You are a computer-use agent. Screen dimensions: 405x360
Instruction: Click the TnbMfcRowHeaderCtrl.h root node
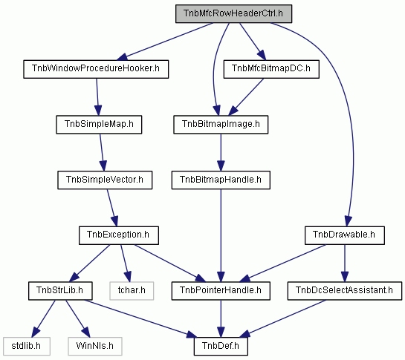click(x=234, y=13)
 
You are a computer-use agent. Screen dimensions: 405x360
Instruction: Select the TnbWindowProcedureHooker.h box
click(x=96, y=69)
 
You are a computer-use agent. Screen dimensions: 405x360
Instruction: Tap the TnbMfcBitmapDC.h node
click(x=271, y=69)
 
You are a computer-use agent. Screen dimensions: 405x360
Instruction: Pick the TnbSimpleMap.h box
click(x=99, y=125)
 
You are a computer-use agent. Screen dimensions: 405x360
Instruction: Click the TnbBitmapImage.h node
click(x=221, y=125)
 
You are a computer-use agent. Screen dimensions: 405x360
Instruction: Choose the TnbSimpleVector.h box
click(x=105, y=180)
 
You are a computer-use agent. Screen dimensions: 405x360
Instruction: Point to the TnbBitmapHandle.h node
click(x=221, y=180)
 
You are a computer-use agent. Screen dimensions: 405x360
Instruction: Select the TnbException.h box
click(x=119, y=235)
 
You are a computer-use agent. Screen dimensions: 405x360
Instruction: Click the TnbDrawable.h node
click(x=345, y=235)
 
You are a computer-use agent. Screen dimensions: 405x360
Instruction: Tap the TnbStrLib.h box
click(x=60, y=291)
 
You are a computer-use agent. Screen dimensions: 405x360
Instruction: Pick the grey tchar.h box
click(x=132, y=291)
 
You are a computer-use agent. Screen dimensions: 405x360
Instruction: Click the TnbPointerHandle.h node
click(x=221, y=291)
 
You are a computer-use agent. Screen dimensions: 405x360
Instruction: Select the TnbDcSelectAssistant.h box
click(x=345, y=291)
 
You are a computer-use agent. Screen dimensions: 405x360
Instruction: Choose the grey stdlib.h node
click(x=27, y=347)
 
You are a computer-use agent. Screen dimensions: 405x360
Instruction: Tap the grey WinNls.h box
click(x=95, y=347)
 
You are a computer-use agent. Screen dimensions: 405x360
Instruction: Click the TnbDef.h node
click(x=221, y=347)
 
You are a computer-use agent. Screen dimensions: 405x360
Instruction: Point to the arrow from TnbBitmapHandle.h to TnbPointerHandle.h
click(x=221, y=235)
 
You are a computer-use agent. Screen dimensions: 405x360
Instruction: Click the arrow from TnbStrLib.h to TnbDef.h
click(x=140, y=318)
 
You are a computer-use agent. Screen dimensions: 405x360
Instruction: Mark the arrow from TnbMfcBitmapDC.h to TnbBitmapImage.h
click(x=246, y=96)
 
